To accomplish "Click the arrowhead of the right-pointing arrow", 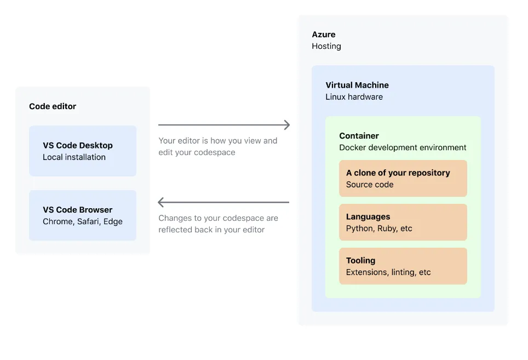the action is coord(288,125).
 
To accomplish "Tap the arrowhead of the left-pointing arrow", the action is coord(160,202).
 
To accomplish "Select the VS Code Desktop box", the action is coord(83,151).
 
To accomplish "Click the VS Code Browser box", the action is coord(83,215).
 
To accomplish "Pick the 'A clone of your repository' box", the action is coord(403,179).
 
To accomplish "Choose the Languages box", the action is coord(403,222).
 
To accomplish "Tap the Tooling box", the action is coord(403,266).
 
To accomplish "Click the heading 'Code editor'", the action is coord(53,106).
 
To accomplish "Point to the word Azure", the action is coord(324,35).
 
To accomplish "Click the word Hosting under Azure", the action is coord(326,46).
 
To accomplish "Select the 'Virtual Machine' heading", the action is coord(357,85).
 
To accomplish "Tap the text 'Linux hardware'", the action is coord(354,97).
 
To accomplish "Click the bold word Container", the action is coord(359,136).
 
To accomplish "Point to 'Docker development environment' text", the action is coord(403,147).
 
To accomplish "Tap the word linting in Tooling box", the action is coord(404,272).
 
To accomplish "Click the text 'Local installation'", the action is coord(74,157).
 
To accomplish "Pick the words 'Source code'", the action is coord(370,185).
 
